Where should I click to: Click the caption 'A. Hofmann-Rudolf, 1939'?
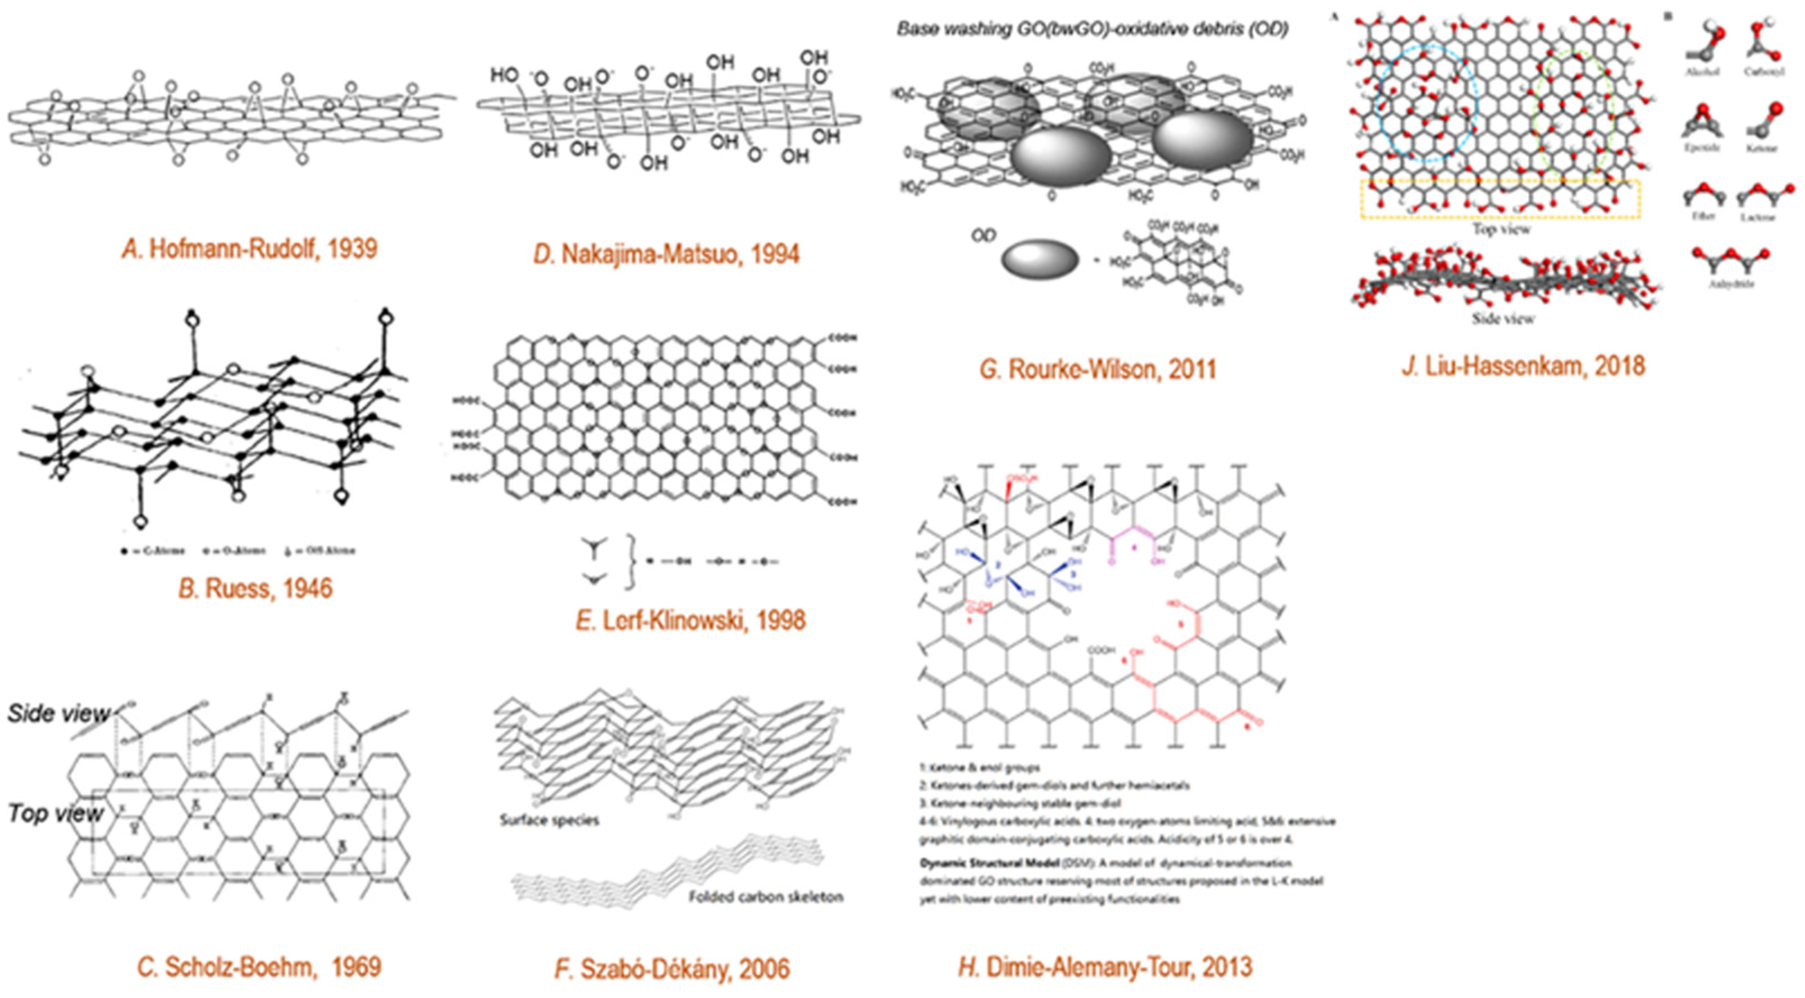pyautogui.click(x=249, y=249)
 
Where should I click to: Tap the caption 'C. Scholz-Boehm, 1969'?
pyautogui.click(x=260, y=967)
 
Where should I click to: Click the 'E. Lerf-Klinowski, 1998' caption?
pyautogui.click(x=690, y=620)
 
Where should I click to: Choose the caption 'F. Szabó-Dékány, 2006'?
pyautogui.click(x=672, y=969)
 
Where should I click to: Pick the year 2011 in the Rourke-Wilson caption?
pyautogui.click(x=1189, y=369)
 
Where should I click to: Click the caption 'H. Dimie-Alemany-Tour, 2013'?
pyautogui.click(x=1104, y=967)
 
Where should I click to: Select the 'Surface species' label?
pyautogui.click(x=549, y=820)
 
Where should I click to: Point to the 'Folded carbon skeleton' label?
pyautogui.click(x=766, y=897)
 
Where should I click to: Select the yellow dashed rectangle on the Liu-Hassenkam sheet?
pyautogui.click(x=1500, y=199)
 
